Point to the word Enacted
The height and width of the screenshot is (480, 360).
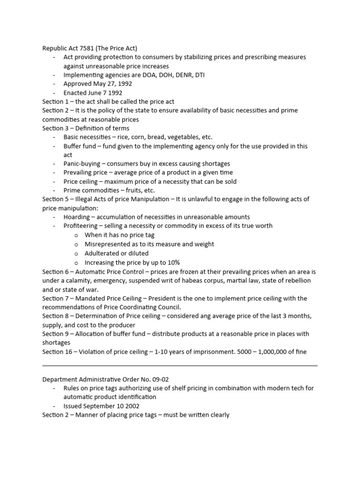75,93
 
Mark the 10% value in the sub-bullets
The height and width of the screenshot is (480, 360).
172,262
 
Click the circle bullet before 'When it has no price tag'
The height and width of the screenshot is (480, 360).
76,235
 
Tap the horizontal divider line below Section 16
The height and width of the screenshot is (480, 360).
180,365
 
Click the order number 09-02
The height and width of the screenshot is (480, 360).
157,379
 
